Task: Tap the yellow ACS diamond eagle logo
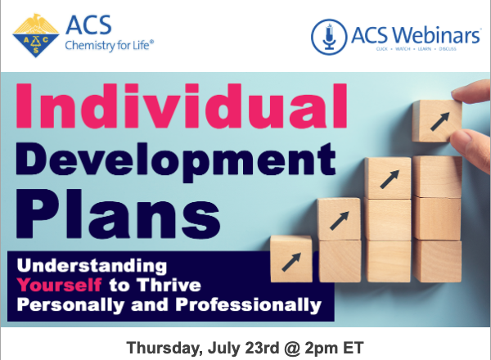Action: click(36, 35)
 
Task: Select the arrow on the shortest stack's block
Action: click(291, 260)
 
